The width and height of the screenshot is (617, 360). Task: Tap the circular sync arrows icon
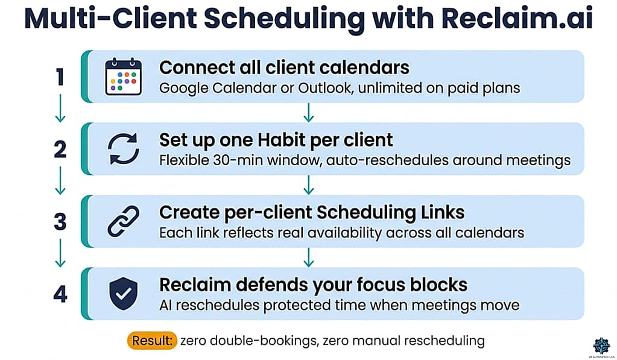click(123, 149)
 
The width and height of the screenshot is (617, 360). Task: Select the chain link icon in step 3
click(123, 221)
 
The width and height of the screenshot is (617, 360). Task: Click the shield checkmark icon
click(123, 293)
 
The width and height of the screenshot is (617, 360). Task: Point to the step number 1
click(60, 77)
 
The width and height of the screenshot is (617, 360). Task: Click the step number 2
click(60, 150)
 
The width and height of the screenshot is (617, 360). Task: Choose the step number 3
click(60, 222)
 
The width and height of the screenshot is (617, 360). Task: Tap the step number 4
click(60, 294)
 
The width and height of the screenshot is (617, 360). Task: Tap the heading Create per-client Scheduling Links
click(312, 213)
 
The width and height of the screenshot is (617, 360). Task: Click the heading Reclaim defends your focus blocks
click(313, 285)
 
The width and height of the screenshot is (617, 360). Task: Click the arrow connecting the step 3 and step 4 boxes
click(308, 257)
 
